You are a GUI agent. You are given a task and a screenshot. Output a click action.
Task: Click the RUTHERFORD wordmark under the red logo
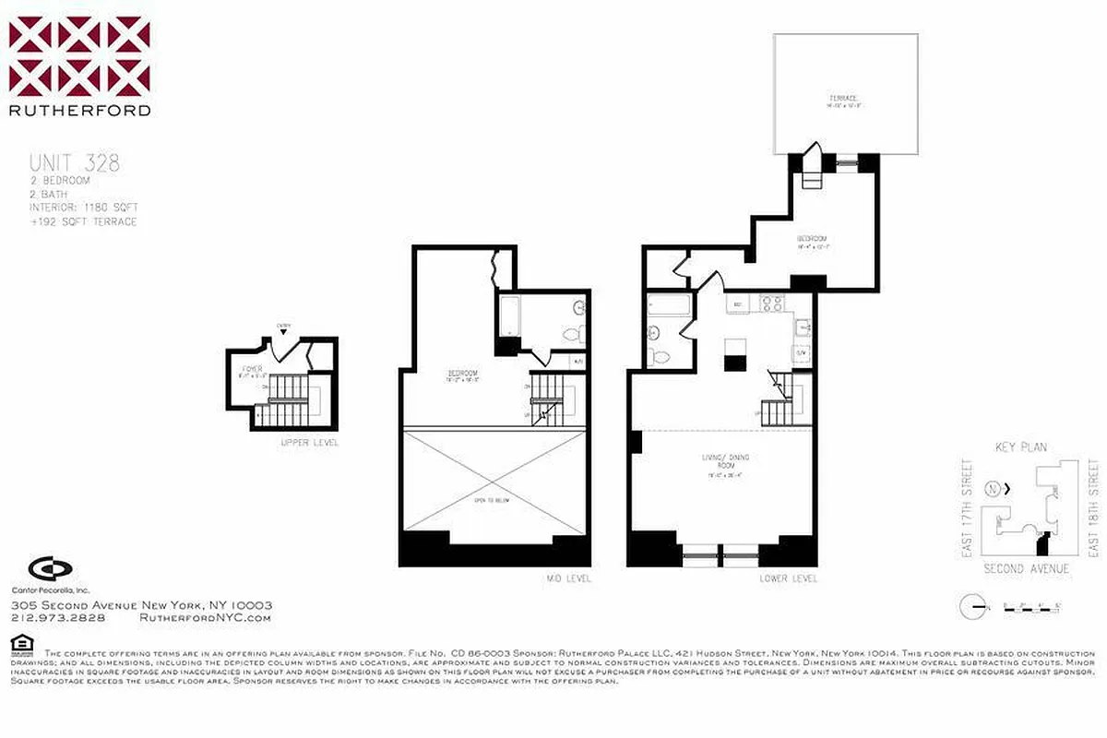coord(79,111)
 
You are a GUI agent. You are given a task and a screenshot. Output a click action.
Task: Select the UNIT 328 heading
coord(75,164)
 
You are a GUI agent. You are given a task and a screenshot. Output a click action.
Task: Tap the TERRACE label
coord(843,99)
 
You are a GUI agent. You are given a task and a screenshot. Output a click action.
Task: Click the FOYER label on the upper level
coord(252,369)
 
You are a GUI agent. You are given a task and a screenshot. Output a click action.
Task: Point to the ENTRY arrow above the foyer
coord(283,330)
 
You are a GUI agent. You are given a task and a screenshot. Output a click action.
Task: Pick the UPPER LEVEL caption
coord(310,443)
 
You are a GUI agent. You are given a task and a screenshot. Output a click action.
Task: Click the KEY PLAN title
coord(1021,447)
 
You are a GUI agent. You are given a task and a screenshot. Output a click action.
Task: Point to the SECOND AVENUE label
coord(1027,569)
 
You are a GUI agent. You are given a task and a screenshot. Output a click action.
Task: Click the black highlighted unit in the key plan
coord(1044,537)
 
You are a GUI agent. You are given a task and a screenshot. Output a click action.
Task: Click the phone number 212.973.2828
coord(57,618)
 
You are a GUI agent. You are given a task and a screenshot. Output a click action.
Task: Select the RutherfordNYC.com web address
coord(205,618)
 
